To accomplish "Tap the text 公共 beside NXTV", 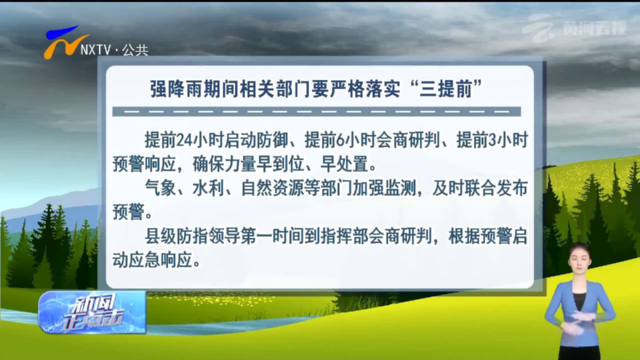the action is click(x=135, y=50).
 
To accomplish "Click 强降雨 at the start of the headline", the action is click(x=175, y=89).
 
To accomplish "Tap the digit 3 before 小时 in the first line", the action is click(x=492, y=141).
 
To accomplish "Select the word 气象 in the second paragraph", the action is click(x=160, y=188).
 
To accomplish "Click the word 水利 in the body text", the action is click(x=208, y=188).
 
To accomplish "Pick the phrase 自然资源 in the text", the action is click(x=272, y=188).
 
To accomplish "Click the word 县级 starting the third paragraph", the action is click(x=160, y=236).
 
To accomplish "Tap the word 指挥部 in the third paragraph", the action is click(x=344, y=236).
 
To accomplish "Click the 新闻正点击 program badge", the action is click(x=92, y=312).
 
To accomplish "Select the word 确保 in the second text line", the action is click(x=208, y=164).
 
